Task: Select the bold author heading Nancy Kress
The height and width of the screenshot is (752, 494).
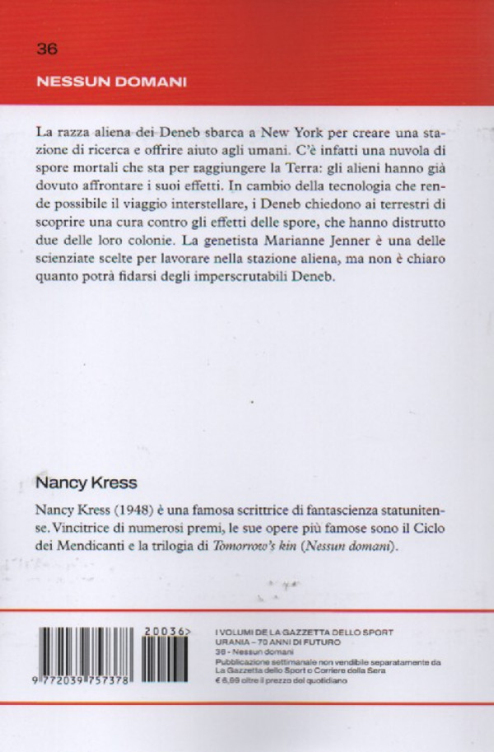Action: [x=82, y=480]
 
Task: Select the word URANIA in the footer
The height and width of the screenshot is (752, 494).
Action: [x=232, y=642]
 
